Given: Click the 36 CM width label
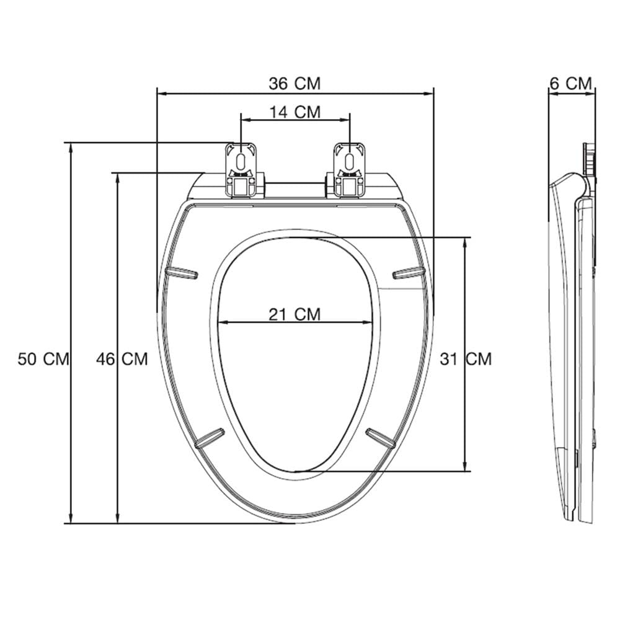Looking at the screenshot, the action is point(294,84).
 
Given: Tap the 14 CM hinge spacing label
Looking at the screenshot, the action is point(295,112).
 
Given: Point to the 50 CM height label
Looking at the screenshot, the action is point(43,359).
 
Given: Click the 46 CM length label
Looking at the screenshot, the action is point(122,359).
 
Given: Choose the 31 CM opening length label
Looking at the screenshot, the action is point(466,359).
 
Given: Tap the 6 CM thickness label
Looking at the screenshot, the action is point(571,84).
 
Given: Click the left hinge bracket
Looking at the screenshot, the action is point(241,170).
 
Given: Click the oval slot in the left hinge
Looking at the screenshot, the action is point(241,161).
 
